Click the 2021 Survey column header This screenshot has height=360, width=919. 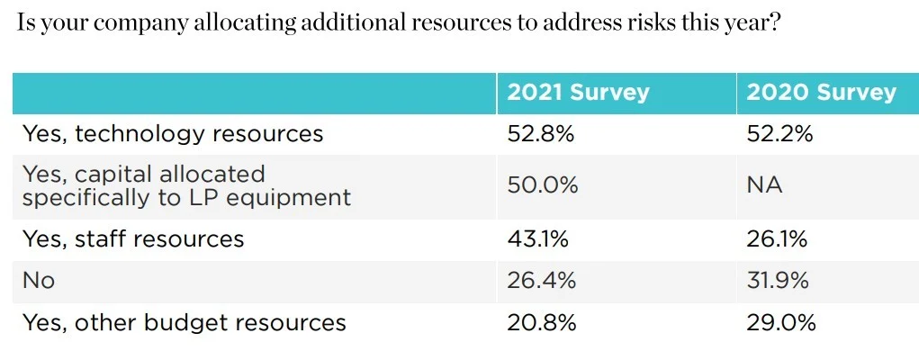(x=578, y=93)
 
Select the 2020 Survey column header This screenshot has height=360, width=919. (x=821, y=93)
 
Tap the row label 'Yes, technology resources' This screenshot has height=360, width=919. (x=173, y=134)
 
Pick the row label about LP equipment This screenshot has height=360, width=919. (x=186, y=185)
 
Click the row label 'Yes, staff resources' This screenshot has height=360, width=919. (x=133, y=238)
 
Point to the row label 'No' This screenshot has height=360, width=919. (x=39, y=280)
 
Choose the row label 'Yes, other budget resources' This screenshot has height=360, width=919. (x=184, y=322)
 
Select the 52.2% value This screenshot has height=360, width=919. (x=780, y=134)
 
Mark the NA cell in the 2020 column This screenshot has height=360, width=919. (x=765, y=185)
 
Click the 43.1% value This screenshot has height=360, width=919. (x=539, y=238)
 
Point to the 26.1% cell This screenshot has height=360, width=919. (x=779, y=238)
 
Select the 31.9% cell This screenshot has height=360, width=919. (x=779, y=280)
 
